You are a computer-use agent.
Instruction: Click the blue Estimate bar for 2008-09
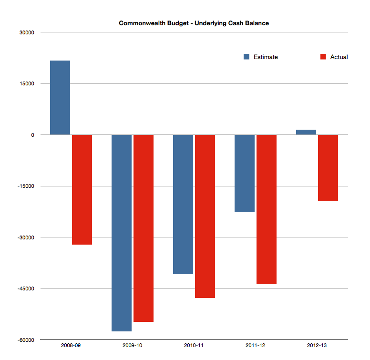point(60,98)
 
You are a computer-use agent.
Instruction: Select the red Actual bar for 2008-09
point(82,189)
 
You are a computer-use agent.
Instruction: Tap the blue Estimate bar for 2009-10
point(122,233)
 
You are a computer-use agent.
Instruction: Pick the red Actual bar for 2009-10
point(144,228)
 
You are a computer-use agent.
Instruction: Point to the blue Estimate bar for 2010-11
point(183,204)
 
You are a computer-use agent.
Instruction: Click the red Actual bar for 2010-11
point(205,216)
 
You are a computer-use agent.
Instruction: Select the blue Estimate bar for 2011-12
point(245,173)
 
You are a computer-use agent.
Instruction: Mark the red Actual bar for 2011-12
point(267,209)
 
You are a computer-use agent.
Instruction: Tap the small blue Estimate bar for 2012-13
point(306,132)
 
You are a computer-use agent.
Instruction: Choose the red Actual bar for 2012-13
point(328,168)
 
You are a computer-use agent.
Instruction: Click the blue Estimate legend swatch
point(247,57)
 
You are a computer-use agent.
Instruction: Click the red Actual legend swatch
point(323,57)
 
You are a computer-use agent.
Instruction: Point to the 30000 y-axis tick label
point(27,32)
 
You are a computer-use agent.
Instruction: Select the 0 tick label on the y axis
point(33,135)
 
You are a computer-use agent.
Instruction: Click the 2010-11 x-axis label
point(194,345)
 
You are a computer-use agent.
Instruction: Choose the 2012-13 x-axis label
point(317,345)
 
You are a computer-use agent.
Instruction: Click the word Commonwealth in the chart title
point(139,23)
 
